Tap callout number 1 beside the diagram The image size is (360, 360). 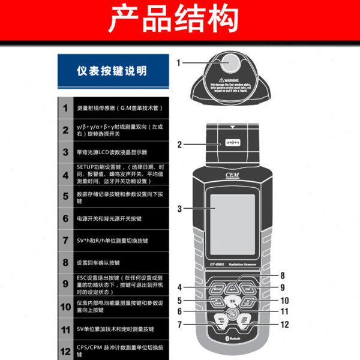(x=178, y=62)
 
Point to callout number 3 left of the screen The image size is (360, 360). (x=179, y=208)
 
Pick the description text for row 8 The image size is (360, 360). (x=99, y=263)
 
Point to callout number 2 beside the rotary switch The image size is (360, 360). (x=179, y=145)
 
